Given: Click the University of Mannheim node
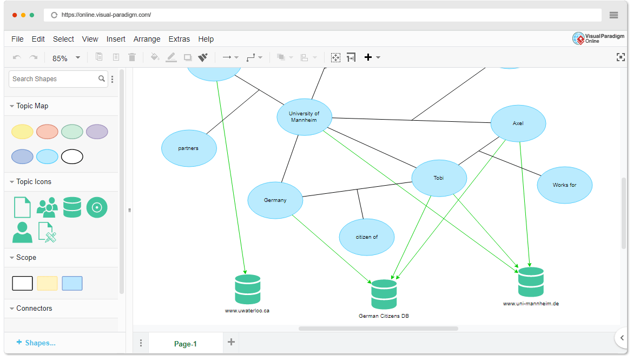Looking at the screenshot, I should tap(304, 117).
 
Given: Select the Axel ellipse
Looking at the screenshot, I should tap(518, 123).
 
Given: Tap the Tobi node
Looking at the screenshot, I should tap(439, 178).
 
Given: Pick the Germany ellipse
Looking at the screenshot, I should tap(275, 200).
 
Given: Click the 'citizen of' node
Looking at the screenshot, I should tap(366, 237).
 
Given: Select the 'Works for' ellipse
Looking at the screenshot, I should tap(564, 185).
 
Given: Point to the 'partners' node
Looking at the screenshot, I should tap(189, 148).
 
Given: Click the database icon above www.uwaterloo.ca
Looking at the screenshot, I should tap(248, 289).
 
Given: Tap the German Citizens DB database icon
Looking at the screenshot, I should tap(384, 294).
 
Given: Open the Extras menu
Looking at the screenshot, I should tap(179, 39).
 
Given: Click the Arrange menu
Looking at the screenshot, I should tap(147, 39).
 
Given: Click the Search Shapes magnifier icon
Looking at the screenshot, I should tap(102, 79).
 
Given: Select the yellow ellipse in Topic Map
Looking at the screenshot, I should tap(22, 132).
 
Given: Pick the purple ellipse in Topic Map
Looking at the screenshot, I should tap(97, 132).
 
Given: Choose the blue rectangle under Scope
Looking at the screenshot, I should tap(72, 283).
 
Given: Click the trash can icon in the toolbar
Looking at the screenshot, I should tap(132, 57).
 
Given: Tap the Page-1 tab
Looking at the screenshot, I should tap(185, 344).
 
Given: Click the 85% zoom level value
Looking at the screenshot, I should tap(60, 58).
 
